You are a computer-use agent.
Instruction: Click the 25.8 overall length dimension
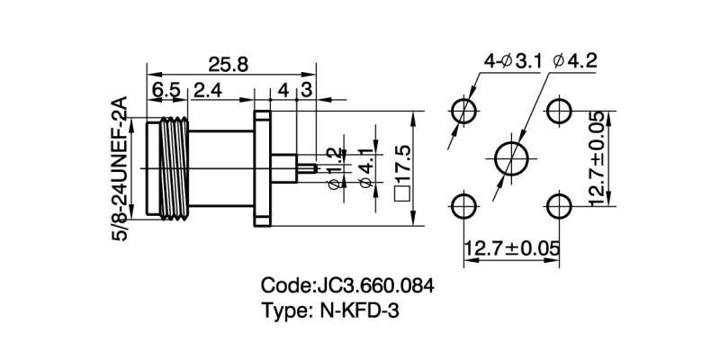coord(229,65)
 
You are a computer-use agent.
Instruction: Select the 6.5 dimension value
coord(166,90)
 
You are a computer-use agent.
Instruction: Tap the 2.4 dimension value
coord(208,90)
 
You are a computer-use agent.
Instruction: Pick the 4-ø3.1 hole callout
coord(511,61)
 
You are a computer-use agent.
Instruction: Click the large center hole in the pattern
coord(512,157)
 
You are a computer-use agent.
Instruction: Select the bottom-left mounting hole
coord(464,204)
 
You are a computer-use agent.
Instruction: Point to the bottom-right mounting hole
coord(560,204)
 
